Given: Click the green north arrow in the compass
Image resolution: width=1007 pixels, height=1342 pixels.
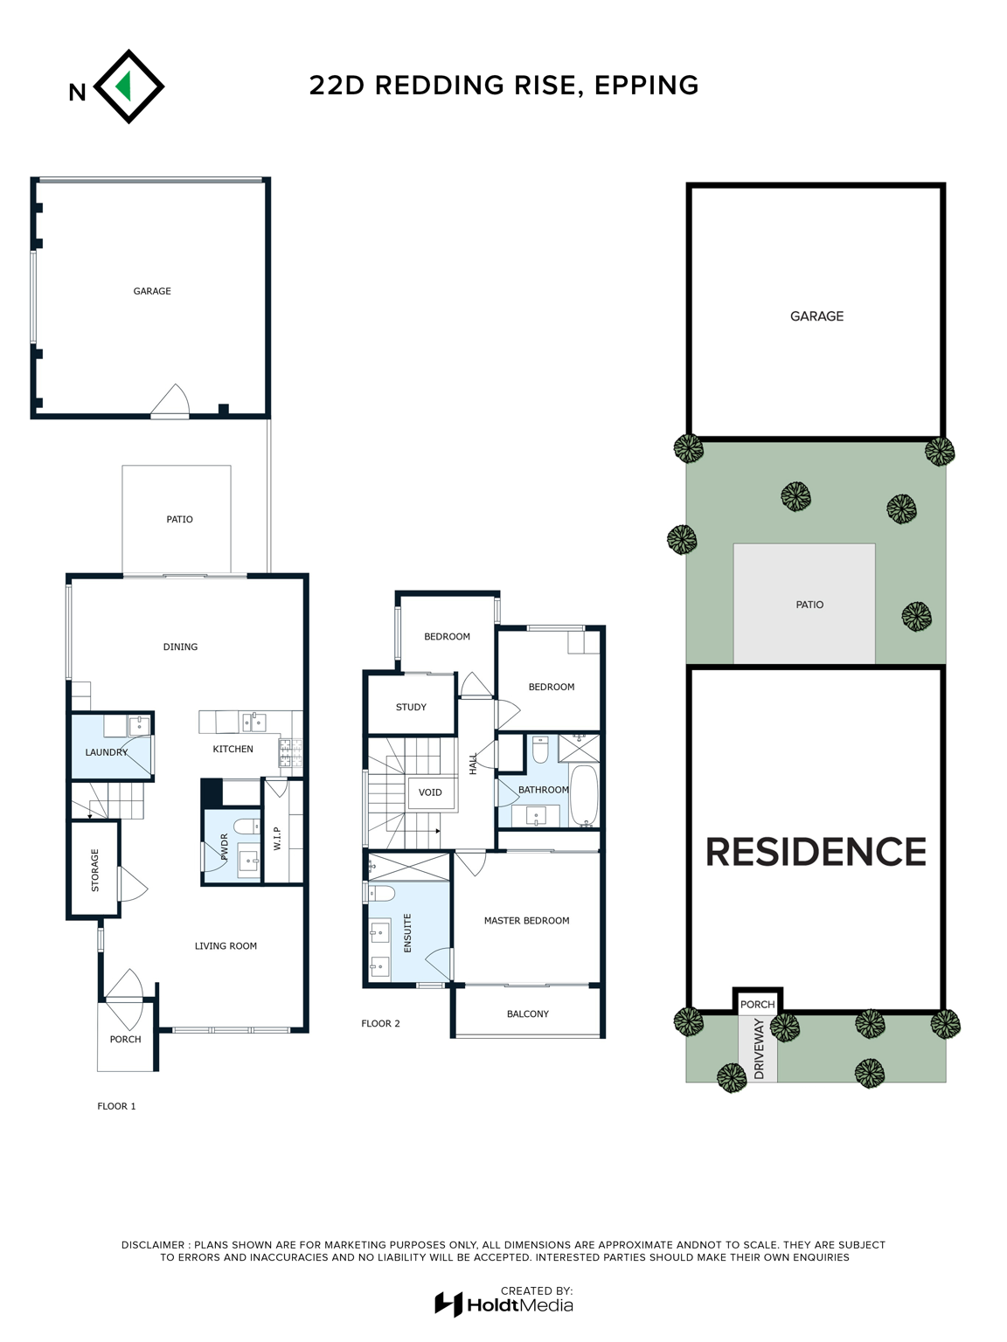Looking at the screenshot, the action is point(125,86).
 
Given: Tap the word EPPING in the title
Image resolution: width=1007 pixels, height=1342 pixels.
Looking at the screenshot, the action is point(646,85).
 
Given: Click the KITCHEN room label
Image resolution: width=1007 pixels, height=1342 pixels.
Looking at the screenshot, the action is point(233,749).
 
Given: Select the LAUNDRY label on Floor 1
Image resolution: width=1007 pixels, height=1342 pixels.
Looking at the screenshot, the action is point(107,752).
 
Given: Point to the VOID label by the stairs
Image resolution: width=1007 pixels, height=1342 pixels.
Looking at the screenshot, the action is point(430,792).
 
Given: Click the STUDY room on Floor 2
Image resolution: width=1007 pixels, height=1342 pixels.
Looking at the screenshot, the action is point(411,707).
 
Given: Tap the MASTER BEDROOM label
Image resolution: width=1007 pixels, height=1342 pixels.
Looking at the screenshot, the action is point(526,920).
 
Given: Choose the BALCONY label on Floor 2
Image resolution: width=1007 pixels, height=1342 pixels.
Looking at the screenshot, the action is point(528,1013).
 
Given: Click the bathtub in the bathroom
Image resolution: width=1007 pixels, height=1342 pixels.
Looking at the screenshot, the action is point(584,795).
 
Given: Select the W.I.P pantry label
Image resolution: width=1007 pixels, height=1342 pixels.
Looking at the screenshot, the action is point(277,838).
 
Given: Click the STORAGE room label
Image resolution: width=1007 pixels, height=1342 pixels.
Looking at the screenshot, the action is point(94,869).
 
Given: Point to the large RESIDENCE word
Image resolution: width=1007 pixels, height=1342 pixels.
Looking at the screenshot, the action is point(816,852).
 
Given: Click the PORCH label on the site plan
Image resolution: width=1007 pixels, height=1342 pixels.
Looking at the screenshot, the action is point(758,1005).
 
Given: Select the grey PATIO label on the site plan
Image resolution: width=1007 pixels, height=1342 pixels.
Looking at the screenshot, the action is point(809,605).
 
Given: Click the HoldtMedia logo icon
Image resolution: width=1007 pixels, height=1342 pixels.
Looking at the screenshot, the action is point(448,1304).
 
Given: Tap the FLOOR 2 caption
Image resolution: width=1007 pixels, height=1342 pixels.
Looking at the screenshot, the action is point(380,1023).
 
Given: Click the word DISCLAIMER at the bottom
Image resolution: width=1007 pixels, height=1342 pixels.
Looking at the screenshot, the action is point(153,1245).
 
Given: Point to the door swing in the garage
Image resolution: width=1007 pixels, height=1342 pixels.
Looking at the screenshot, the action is point(171,400).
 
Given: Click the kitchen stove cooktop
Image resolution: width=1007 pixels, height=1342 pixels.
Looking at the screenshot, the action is point(290,752).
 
